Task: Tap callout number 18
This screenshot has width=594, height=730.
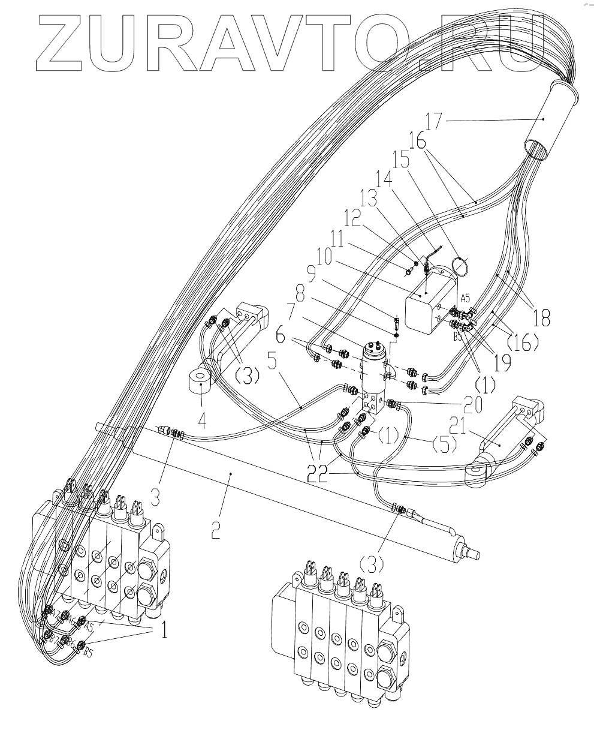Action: (541, 317)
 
